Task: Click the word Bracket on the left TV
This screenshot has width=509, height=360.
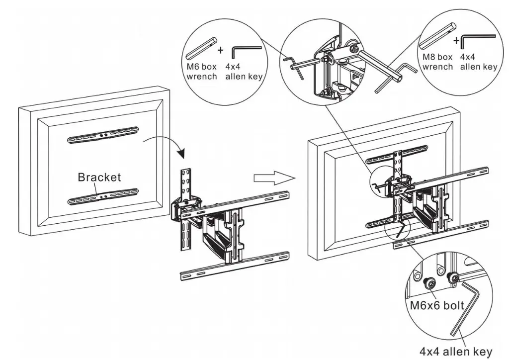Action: [x=99, y=178]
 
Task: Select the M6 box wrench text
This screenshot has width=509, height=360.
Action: [x=202, y=72]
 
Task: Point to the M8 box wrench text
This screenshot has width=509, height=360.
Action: [x=437, y=62]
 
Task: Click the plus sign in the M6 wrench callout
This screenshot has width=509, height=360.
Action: [x=221, y=50]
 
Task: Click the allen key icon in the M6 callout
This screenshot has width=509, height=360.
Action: [x=247, y=54]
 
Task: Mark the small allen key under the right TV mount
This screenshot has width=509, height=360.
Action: [x=400, y=230]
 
